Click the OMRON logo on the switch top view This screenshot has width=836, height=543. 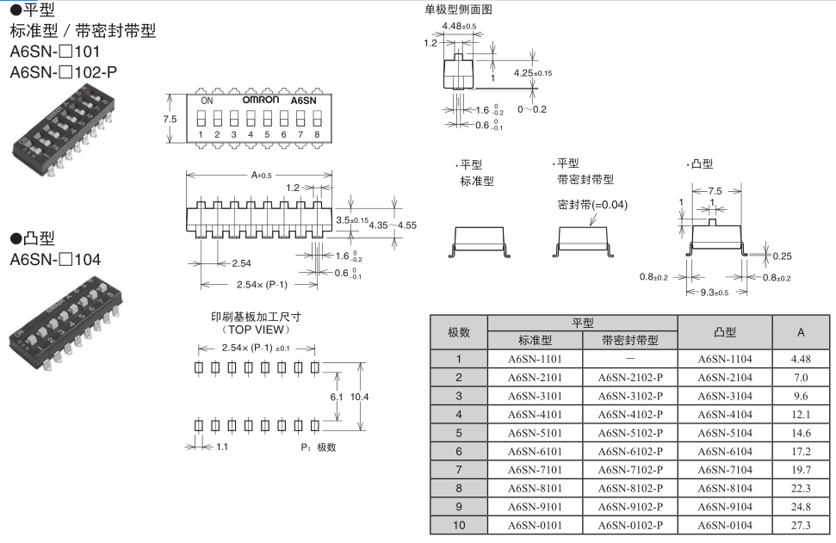point(261,100)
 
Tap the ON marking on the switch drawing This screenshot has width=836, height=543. point(207,101)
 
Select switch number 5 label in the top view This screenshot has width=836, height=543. point(267,134)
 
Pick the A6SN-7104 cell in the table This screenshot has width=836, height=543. point(725,471)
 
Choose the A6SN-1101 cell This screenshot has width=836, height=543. point(535,359)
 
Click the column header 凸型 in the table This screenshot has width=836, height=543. point(725,331)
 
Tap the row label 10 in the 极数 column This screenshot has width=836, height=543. point(459,527)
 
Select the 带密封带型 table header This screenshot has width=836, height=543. point(630,340)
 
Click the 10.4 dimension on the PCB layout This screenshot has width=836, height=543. point(361,397)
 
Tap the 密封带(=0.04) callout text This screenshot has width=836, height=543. point(593,205)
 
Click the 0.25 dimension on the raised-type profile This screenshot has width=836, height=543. point(782,256)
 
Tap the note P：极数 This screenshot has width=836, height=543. point(318,447)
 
